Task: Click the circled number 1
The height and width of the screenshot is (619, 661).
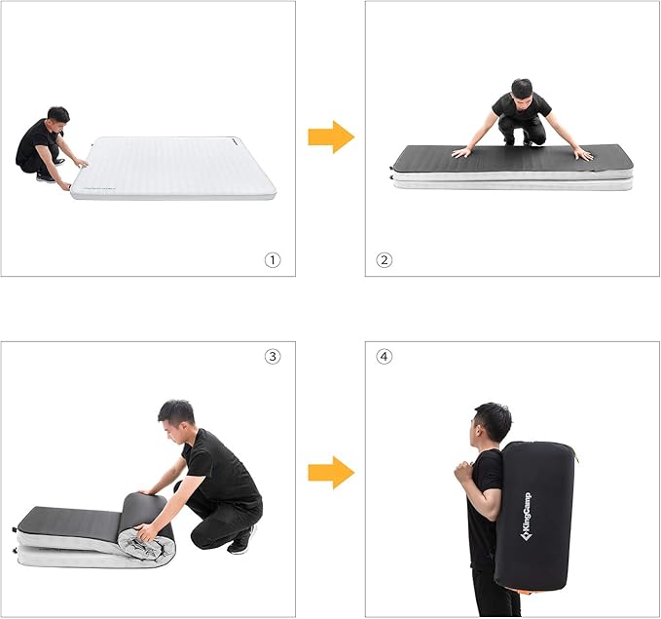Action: click(x=273, y=260)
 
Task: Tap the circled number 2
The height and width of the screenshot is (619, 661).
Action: click(x=385, y=260)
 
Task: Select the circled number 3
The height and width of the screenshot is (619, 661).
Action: click(x=273, y=356)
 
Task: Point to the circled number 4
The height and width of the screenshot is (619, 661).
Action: click(x=385, y=356)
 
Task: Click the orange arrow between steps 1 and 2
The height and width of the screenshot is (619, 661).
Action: click(x=331, y=137)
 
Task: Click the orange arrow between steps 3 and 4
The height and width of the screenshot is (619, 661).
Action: click(x=331, y=473)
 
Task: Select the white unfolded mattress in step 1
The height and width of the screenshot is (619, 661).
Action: click(x=175, y=168)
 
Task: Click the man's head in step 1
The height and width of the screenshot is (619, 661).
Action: click(x=57, y=115)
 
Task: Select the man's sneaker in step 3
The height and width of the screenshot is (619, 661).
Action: click(x=240, y=541)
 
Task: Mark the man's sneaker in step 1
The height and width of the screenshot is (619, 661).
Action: click(x=45, y=177)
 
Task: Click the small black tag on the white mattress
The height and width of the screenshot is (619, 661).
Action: click(x=226, y=140)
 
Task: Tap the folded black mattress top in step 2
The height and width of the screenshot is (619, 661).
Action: click(x=511, y=158)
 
